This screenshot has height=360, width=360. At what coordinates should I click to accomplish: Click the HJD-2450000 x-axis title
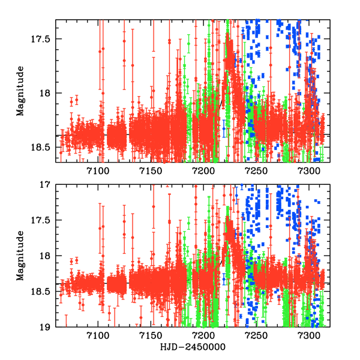coord(192,347)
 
